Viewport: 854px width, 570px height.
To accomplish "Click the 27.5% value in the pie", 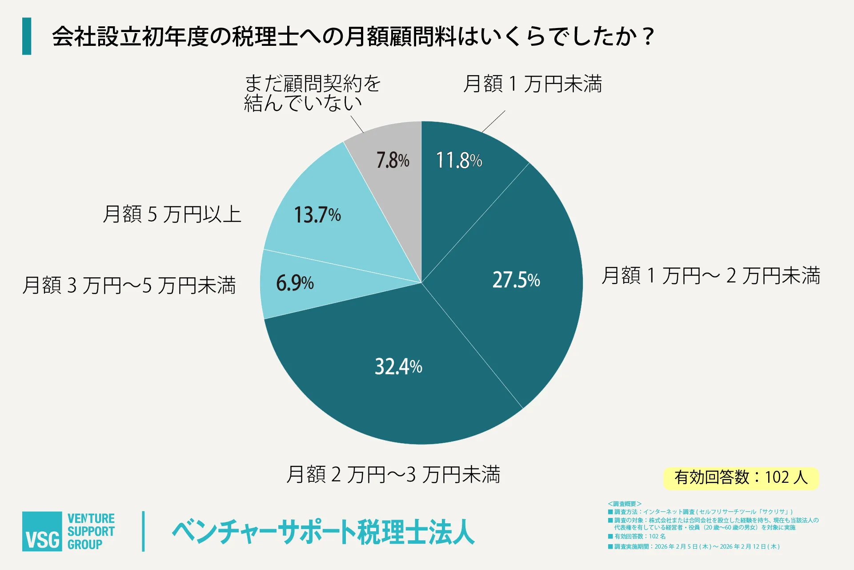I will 516,280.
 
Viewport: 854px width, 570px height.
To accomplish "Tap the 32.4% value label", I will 398,367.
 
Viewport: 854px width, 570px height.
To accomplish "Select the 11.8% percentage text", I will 459,160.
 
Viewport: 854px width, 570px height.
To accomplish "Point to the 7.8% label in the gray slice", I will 393,160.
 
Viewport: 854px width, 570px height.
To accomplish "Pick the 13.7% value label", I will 317,215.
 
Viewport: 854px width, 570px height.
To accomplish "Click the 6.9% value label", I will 295,283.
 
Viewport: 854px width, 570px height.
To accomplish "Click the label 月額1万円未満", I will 532,84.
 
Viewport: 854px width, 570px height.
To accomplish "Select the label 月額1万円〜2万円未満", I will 710,275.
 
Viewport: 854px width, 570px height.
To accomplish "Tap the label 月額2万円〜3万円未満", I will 393,474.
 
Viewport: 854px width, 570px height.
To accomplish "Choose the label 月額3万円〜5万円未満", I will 129,285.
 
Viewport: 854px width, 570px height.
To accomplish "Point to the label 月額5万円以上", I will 172,214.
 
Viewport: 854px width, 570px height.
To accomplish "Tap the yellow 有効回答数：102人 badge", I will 741,478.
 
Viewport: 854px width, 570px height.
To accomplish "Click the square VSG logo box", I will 42,531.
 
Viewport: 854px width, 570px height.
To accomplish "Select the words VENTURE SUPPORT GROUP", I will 91,531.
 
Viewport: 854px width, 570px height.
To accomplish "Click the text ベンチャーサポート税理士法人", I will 323,532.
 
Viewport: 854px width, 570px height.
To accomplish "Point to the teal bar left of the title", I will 27,36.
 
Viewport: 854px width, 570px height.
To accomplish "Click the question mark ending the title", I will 649,36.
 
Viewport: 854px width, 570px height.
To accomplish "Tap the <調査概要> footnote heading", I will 624,504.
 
